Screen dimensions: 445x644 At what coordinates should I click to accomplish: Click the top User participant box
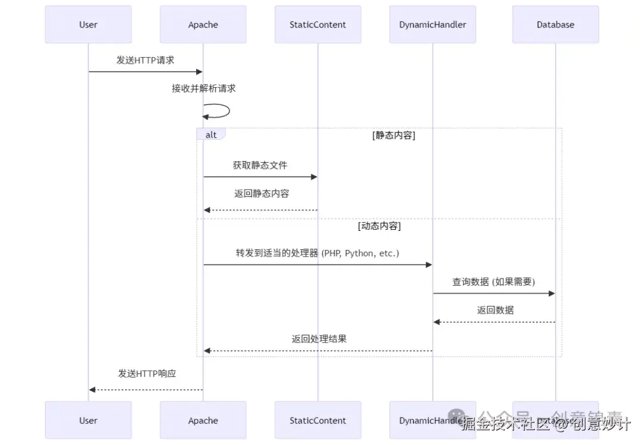[88, 24]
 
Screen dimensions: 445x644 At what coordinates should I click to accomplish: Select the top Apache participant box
[203, 24]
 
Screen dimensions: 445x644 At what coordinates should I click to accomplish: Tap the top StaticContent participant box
[318, 24]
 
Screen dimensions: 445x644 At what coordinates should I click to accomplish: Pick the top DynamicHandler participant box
[433, 24]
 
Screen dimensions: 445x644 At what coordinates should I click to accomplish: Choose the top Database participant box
[555, 24]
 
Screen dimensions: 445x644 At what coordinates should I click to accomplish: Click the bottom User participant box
[88, 421]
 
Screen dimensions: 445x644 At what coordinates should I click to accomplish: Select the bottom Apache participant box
[203, 421]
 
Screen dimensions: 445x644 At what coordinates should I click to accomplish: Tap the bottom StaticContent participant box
[318, 421]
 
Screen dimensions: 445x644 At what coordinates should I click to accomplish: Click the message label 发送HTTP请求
[145, 60]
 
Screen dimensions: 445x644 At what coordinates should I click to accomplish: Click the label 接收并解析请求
[203, 88]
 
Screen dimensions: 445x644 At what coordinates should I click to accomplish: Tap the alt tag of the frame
[211, 135]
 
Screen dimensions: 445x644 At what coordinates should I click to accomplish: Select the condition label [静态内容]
[394, 135]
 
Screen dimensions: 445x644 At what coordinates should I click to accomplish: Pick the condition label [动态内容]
[379, 226]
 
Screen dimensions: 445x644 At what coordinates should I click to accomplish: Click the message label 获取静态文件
[260, 165]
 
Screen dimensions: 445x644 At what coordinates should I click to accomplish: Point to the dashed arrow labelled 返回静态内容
[260, 210]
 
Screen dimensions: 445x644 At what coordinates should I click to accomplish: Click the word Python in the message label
[358, 253]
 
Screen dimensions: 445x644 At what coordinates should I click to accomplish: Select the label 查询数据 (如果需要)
[494, 282]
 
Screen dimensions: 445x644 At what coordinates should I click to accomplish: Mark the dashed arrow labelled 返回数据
[494, 322]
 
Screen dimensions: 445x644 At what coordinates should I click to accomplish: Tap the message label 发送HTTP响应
[147, 374]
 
